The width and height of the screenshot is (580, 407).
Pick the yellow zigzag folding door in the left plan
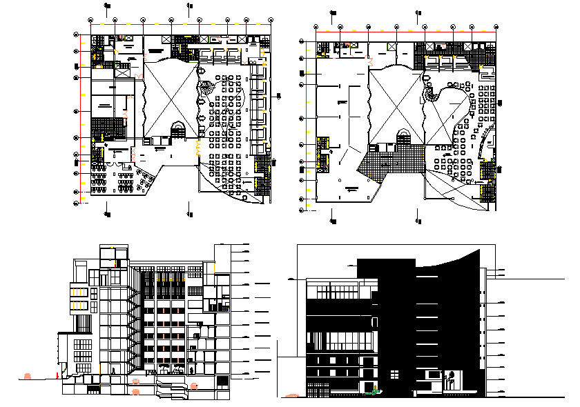(198, 146)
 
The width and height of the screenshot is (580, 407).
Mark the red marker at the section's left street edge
(57, 375)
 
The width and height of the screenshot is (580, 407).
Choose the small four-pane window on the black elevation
(394, 374)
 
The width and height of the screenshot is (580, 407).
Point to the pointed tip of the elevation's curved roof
(481, 251)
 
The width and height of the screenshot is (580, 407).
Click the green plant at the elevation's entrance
(375, 393)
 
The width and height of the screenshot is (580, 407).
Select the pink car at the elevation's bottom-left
(292, 396)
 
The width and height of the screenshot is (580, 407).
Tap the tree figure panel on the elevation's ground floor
(452, 378)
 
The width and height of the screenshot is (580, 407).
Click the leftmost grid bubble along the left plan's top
(90, 20)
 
